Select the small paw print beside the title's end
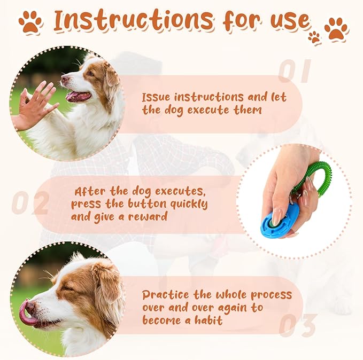(314, 37)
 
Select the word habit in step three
(208, 320)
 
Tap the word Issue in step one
(158, 97)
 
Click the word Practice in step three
(166, 295)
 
